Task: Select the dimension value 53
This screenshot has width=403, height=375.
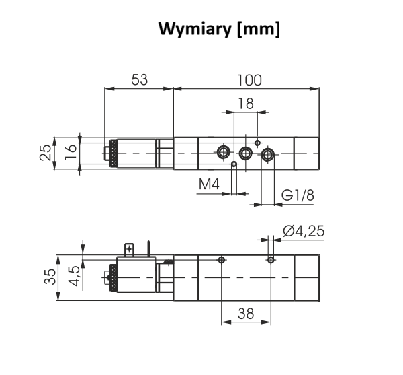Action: pyautogui.click(x=139, y=80)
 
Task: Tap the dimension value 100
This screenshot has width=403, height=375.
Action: pyautogui.click(x=249, y=80)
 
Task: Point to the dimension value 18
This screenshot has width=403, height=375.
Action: pyautogui.click(x=246, y=104)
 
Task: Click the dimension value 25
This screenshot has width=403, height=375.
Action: pyautogui.click(x=45, y=153)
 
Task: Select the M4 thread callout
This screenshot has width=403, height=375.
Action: pyautogui.click(x=209, y=184)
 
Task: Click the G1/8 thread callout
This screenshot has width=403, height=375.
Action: pyautogui.click(x=298, y=195)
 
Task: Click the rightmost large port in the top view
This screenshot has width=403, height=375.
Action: pyautogui.click(x=269, y=156)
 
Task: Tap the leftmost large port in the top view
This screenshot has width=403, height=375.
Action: pyautogui.click(x=223, y=152)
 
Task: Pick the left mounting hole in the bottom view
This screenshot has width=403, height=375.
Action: pyautogui.click(x=222, y=260)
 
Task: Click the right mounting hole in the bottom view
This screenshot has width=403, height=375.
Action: pyautogui.click(x=271, y=260)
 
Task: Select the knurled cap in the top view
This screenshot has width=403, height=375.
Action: pyautogui.click(x=112, y=153)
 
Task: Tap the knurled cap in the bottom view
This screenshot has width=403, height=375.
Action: pyautogui.click(x=112, y=276)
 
